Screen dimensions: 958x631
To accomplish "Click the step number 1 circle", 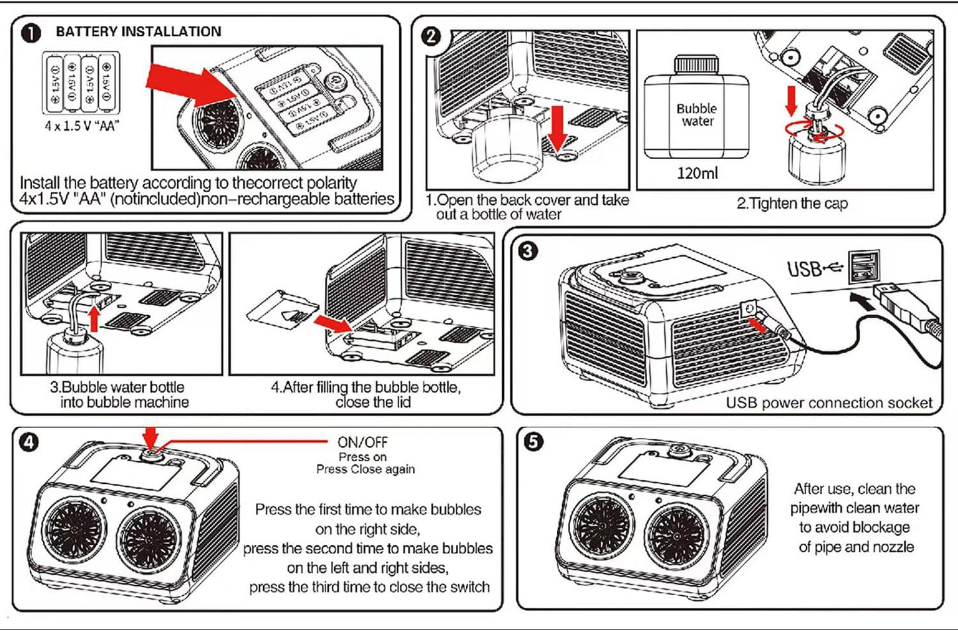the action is tap(31, 33).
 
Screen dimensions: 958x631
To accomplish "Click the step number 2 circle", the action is tap(431, 36).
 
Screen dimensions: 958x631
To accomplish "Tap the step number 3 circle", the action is tap(528, 251).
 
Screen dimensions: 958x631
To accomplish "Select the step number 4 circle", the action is tap(29, 441).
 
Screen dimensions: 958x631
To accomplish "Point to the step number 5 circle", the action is tap(534, 441).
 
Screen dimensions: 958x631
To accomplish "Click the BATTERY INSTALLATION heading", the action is tap(139, 32).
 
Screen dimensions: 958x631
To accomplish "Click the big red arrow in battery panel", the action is tap(191, 85).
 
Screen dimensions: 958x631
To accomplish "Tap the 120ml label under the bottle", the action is tap(697, 173).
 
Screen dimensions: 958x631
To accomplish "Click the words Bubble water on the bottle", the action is tap(697, 115).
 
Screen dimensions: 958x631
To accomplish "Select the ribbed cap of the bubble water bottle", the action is tap(697, 65).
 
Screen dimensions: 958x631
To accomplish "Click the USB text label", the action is tap(804, 269).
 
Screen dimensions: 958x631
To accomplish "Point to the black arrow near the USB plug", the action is tap(862, 301).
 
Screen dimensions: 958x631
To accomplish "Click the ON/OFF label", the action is tap(362, 442).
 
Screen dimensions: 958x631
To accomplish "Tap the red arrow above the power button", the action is tap(150, 437).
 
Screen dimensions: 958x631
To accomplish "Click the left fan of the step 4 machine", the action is tap(76, 528).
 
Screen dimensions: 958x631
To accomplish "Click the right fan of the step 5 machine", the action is tap(677, 536).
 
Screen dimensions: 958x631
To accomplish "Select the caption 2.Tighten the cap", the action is tap(792, 203).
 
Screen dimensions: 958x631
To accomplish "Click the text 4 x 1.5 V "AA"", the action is tap(82, 126).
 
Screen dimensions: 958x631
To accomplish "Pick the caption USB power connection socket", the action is tap(829, 403).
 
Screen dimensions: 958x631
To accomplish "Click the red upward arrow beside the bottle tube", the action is tap(95, 319).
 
